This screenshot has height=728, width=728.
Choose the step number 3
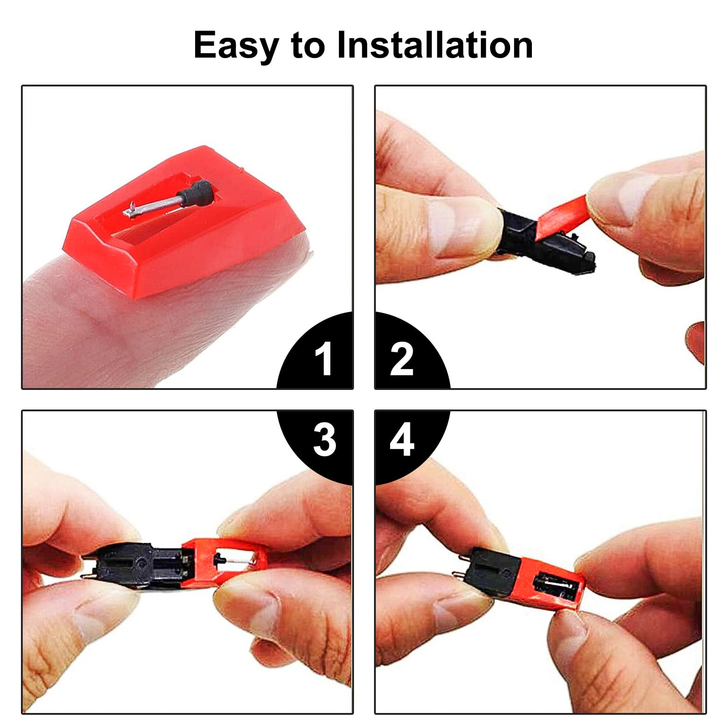click(x=324, y=440)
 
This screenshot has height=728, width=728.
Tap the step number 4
click(x=402, y=440)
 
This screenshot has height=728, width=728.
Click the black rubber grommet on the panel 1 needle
click(x=197, y=190)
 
